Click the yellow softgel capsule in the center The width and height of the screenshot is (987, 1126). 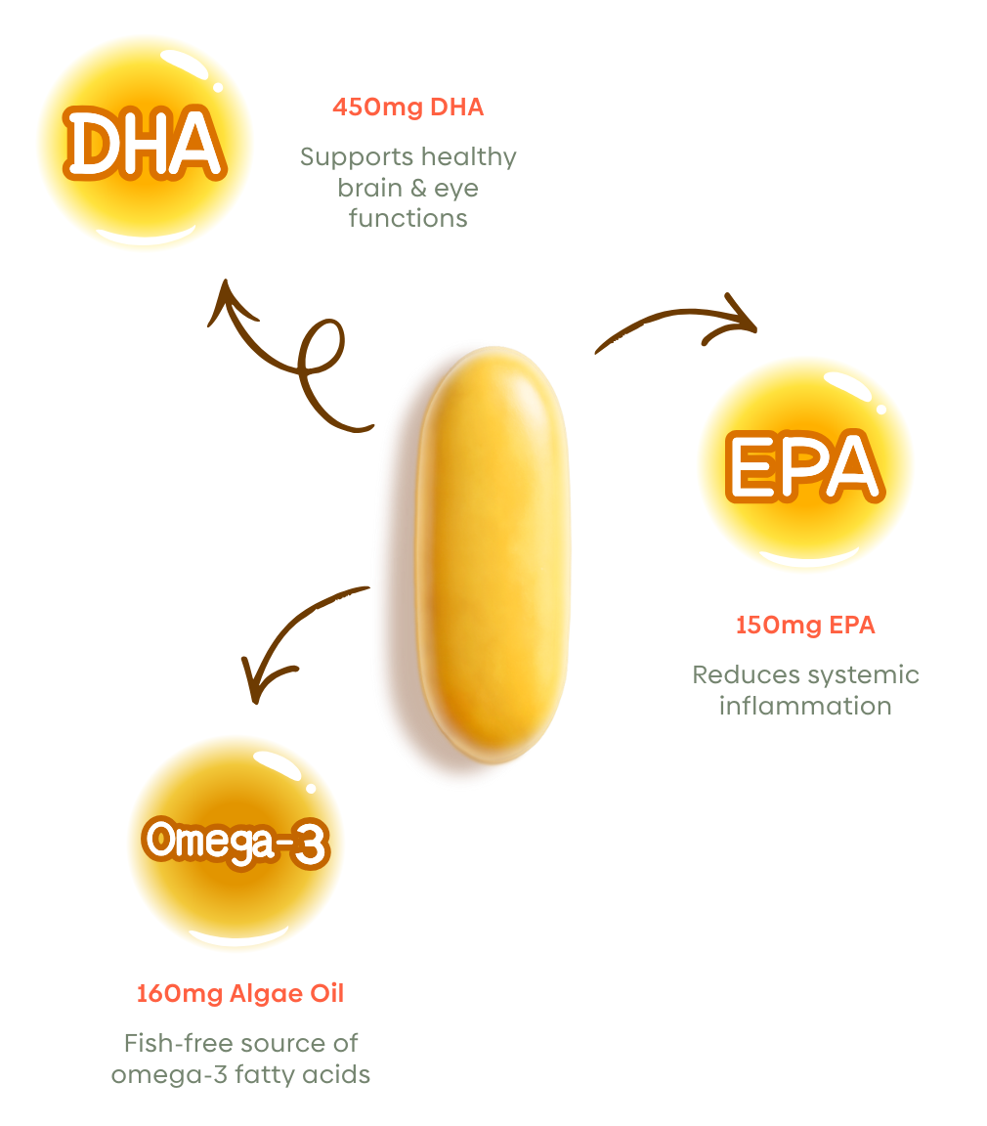tap(493, 554)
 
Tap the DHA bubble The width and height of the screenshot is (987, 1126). tap(145, 143)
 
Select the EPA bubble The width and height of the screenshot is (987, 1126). tap(805, 464)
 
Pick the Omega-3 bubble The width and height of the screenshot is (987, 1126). tap(236, 842)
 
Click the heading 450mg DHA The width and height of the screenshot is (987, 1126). tap(408, 107)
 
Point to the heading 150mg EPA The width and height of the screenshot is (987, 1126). tap(805, 625)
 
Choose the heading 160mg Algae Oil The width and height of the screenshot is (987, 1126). tap(240, 993)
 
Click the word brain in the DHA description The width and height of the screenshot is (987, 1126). tap(369, 188)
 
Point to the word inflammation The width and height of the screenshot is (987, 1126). tap(805, 706)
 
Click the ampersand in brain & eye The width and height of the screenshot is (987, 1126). tap(418, 188)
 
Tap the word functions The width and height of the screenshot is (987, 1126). tap(408, 218)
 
